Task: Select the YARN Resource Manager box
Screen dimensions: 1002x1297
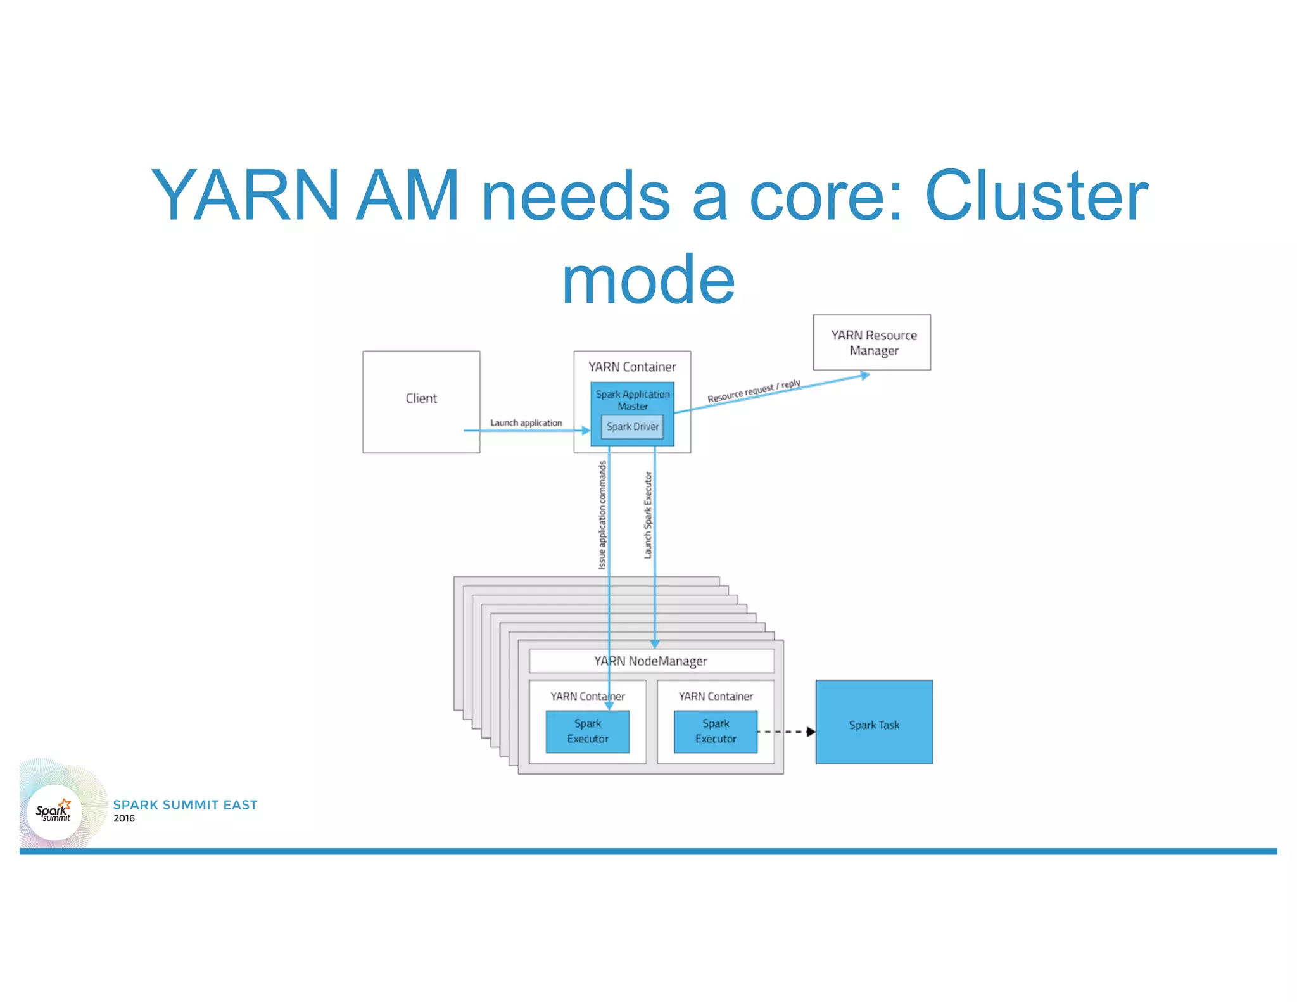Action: click(x=872, y=343)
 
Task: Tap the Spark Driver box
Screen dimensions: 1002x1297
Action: click(x=632, y=427)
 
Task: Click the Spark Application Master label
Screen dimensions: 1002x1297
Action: click(x=632, y=400)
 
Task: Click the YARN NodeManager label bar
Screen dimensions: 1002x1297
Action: click(x=651, y=661)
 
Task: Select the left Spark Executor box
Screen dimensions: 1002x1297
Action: click(x=588, y=732)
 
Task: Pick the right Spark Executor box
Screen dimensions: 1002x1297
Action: click(x=716, y=732)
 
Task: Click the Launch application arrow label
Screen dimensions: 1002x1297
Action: click(x=526, y=422)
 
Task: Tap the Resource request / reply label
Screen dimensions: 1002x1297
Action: click(x=754, y=391)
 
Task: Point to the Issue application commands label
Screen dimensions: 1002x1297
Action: click(x=602, y=515)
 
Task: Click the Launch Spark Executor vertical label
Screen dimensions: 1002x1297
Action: click(x=648, y=515)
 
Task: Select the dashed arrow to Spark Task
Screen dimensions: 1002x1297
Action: click(x=786, y=732)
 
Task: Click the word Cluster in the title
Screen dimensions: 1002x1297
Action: click(x=1036, y=196)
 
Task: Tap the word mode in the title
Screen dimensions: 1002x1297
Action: click(x=648, y=279)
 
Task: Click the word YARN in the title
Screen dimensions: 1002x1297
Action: click(x=246, y=196)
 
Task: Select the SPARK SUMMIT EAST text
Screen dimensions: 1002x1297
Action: click(x=185, y=805)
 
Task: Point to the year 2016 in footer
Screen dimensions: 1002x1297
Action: click(x=124, y=818)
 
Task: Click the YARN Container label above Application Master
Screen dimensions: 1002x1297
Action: click(x=632, y=367)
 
